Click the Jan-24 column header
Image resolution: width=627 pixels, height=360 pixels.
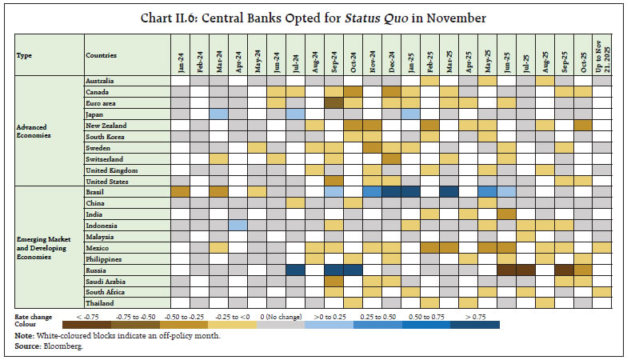coord(180,56)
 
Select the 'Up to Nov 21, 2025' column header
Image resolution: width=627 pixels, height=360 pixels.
coord(602,56)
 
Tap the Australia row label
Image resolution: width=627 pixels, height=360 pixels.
coord(100,81)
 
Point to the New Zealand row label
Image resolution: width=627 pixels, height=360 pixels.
coord(106,126)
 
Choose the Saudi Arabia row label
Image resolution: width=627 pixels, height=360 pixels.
coord(105,281)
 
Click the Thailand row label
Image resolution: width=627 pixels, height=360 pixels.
coord(99,303)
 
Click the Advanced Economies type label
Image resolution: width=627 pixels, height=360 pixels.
coord(34,130)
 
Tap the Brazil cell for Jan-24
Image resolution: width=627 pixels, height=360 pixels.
coord(180,192)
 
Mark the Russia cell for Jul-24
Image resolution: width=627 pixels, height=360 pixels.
coord(295,270)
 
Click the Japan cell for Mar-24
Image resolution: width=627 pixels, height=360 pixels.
coord(218,114)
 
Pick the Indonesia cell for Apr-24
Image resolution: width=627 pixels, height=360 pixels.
coord(238,226)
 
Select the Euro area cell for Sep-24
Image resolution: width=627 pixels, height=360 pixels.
coord(333,103)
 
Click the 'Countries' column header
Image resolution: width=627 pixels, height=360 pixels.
coord(101,56)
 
